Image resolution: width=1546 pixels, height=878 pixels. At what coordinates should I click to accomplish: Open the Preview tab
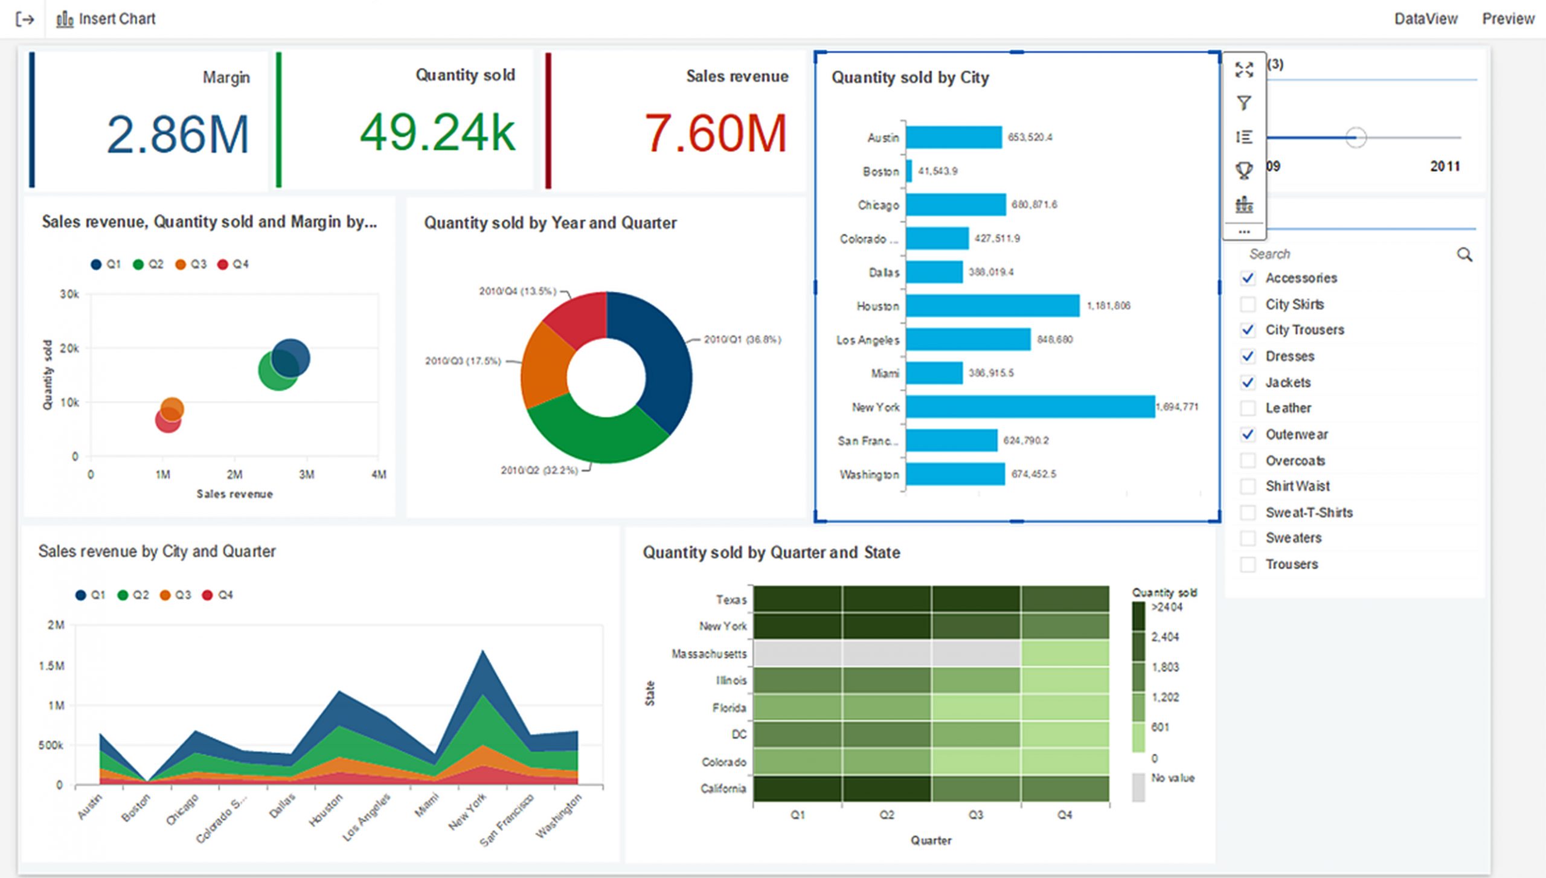pyautogui.click(x=1507, y=19)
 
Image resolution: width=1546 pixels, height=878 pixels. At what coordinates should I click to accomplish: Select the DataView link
pyautogui.click(x=1425, y=19)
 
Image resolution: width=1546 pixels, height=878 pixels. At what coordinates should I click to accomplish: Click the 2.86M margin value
pyautogui.click(x=178, y=134)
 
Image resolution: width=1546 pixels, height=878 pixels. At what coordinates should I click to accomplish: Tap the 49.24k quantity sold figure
pyautogui.click(x=437, y=132)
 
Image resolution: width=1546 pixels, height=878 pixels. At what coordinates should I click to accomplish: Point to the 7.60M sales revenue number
pyautogui.click(x=716, y=133)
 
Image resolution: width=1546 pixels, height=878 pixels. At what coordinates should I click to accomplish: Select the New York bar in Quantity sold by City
pyautogui.click(x=1030, y=406)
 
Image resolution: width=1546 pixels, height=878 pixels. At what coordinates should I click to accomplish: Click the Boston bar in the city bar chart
pyautogui.click(x=909, y=171)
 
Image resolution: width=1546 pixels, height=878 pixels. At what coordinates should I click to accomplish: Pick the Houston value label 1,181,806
pyautogui.click(x=1108, y=306)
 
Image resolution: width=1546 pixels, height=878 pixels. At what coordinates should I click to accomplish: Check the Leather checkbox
pyautogui.click(x=1248, y=408)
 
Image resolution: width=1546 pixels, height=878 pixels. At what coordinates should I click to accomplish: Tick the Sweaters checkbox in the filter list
pyautogui.click(x=1248, y=538)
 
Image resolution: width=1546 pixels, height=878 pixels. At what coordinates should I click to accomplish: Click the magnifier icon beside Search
pyautogui.click(x=1464, y=254)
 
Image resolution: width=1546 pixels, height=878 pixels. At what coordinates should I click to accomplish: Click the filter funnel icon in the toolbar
pyautogui.click(x=1243, y=103)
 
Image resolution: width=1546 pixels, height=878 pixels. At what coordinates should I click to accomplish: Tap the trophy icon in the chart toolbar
pyautogui.click(x=1243, y=170)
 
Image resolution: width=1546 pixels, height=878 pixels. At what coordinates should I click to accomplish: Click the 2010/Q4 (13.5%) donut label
pyautogui.click(x=518, y=292)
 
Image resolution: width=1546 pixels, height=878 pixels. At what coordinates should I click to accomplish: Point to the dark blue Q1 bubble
pyautogui.click(x=291, y=357)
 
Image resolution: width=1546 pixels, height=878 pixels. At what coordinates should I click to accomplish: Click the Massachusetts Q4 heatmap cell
pyautogui.click(x=1065, y=653)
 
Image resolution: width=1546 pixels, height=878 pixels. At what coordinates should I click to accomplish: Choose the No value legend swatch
pyautogui.click(x=1138, y=787)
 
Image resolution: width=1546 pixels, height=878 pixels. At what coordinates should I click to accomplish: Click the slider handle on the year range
pyautogui.click(x=1356, y=138)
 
